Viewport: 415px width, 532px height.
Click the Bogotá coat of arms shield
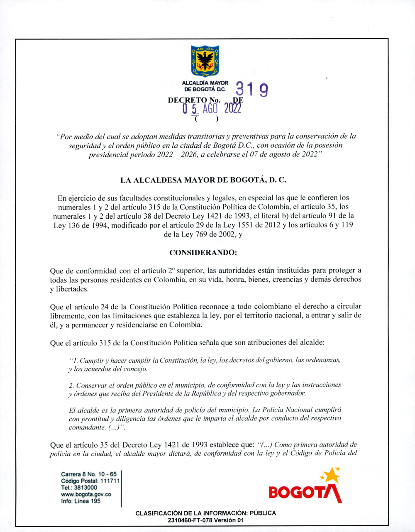205,61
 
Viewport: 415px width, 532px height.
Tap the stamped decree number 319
251,90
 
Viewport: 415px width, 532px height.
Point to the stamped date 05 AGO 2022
212,108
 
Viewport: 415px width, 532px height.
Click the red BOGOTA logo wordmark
305,493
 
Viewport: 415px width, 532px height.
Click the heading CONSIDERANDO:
203,252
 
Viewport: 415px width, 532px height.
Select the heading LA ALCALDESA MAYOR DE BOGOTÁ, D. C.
203,180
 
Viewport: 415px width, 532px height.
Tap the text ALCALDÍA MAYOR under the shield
205,83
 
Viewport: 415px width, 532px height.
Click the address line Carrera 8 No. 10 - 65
89,474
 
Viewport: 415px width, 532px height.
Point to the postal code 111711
110,481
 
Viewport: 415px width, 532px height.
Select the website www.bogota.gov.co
86,494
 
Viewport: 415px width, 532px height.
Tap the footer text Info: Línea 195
81,501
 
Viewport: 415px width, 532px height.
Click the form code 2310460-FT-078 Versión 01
205,520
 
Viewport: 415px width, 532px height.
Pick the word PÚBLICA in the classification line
263,513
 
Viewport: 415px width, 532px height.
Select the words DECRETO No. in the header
194,100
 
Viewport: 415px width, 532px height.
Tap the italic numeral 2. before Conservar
71,385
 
